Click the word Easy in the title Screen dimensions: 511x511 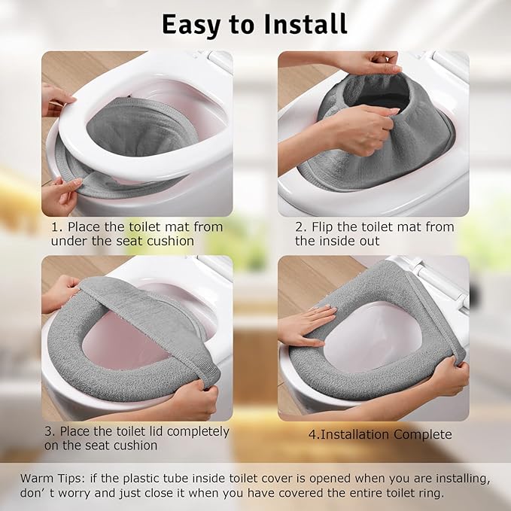tap(190, 24)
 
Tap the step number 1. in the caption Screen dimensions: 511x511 tap(57, 227)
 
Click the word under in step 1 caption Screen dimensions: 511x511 tap(68, 241)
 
